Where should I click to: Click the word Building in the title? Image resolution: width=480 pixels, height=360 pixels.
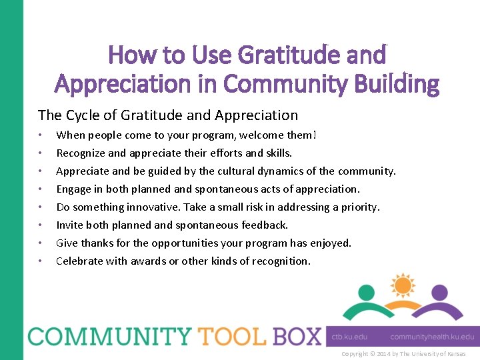pyautogui.click(x=398, y=85)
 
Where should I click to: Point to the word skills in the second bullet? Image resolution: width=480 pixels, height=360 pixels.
pyautogui.click(x=277, y=153)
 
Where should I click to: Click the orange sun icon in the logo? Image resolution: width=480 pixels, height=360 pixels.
pyautogui.click(x=402, y=285)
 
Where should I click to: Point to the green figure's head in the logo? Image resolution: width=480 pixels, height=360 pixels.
pyautogui.click(x=367, y=293)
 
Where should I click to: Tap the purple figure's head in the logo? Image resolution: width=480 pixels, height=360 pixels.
pyautogui.click(x=439, y=293)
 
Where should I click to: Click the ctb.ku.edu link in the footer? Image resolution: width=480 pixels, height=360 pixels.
pyautogui.click(x=350, y=337)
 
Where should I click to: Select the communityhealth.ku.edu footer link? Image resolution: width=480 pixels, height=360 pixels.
pyautogui.click(x=432, y=337)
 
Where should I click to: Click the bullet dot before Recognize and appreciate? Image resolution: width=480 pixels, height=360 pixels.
pyautogui.click(x=41, y=153)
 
